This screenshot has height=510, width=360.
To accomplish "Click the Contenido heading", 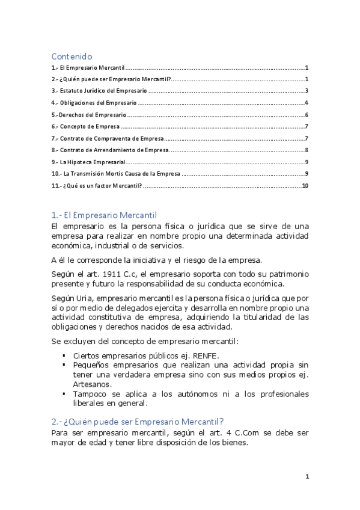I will [72, 56].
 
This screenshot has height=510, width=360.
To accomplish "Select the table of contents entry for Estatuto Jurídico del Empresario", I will [99, 91].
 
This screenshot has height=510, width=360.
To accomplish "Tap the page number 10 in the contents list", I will [305, 186].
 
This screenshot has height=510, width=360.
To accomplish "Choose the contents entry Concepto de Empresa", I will [86, 127].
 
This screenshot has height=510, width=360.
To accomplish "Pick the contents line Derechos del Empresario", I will [89, 115].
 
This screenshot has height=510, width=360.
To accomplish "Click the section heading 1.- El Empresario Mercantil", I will [104, 215].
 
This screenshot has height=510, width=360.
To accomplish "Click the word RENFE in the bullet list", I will [206, 355].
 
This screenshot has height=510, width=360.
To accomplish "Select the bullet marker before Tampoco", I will [64, 394].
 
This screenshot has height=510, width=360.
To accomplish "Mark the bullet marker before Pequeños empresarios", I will [64, 364].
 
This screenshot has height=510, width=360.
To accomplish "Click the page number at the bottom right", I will [307, 477].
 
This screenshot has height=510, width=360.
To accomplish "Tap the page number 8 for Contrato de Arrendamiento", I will [307, 150].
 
